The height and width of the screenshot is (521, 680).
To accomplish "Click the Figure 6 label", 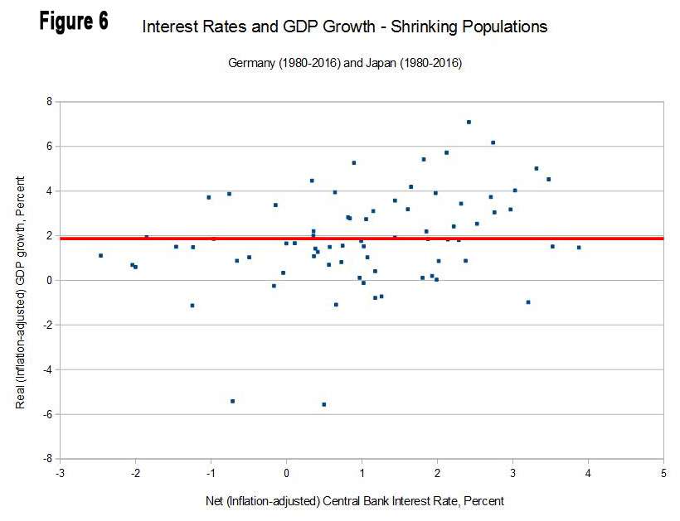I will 74,22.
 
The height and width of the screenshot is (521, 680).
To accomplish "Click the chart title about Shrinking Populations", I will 345,27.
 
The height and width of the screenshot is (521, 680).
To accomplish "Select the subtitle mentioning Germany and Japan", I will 344,64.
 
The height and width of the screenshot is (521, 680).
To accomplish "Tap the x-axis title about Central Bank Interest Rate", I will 354,501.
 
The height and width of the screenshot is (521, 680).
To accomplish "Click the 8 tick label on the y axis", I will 49,102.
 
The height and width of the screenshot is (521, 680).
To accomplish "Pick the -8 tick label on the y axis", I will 47,459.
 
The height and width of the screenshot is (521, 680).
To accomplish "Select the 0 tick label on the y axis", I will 49,281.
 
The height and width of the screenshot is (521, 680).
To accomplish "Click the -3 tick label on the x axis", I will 60,474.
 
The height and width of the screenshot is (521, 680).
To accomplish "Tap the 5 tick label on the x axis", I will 663,474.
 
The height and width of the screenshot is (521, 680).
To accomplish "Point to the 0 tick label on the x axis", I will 286,474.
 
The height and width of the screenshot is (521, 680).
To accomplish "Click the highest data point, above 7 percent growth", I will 469,122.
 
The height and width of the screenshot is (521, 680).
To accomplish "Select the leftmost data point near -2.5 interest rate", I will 100,255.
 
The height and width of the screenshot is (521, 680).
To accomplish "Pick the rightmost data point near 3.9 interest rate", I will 579,247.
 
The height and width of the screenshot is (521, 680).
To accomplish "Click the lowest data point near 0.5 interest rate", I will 324,404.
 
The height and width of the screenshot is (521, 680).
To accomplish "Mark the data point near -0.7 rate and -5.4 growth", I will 232,401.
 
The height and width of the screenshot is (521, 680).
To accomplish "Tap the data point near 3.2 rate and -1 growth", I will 528,302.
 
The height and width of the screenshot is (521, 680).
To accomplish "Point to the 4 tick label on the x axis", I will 588,474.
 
